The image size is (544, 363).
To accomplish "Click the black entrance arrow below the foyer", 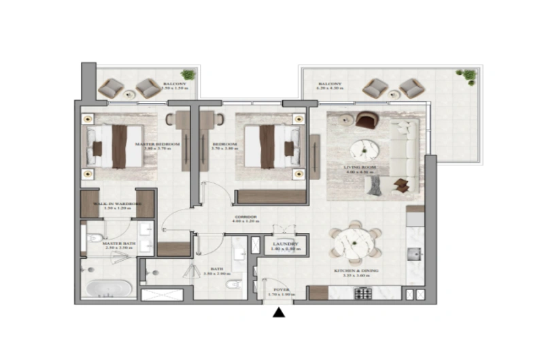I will [x=278, y=313].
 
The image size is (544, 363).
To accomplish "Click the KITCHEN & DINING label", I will [x=356, y=271].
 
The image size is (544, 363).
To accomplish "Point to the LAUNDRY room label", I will [x=282, y=244].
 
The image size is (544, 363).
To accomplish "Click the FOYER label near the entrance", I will [x=281, y=290].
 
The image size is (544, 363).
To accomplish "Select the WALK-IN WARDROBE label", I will [x=118, y=204].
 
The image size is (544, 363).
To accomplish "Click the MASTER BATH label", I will [x=117, y=242].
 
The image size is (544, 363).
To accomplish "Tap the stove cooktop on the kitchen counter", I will [x=362, y=294].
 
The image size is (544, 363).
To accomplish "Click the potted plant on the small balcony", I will [x=188, y=74].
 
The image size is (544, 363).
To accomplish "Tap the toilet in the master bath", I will [x=93, y=238].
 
